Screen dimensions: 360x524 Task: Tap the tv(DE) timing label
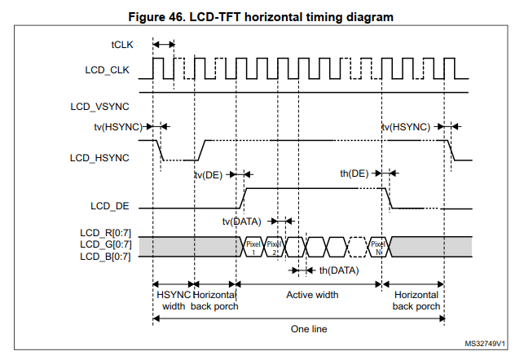tap(208, 174)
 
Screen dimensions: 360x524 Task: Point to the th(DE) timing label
tap(354, 173)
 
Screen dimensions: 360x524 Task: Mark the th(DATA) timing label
tap(338, 270)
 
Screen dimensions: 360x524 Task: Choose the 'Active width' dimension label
tap(313, 294)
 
